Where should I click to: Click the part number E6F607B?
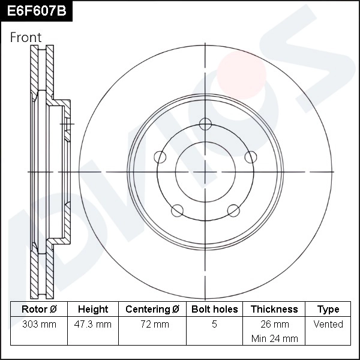[x=36, y=11]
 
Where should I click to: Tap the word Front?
[x=26, y=37]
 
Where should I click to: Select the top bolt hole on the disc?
[x=206, y=124]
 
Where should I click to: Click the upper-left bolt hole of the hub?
[x=160, y=157]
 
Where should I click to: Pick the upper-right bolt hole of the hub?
[x=251, y=157]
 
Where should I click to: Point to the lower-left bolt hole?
[x=177, y=210]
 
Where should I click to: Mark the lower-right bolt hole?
[x=234, y=210]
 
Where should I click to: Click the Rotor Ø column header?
[x=39, y=310]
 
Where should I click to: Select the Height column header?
[x=93, y=310]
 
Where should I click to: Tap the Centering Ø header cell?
[x=152, y=310]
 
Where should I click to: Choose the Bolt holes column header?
[x=214, y=310]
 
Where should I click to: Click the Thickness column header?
[x=274, y=310]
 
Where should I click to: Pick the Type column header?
[x=328, y=310]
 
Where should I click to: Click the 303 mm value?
[x=39, y=325]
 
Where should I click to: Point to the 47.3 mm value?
[x=93, y=325]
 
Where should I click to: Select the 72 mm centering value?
[x=152, y=325]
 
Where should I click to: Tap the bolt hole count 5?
[x=214, y=325]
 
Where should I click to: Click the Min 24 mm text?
[x=274, y=338]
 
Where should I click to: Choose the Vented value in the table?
[x=328, y=325]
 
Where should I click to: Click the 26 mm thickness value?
[x=274, y=325]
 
